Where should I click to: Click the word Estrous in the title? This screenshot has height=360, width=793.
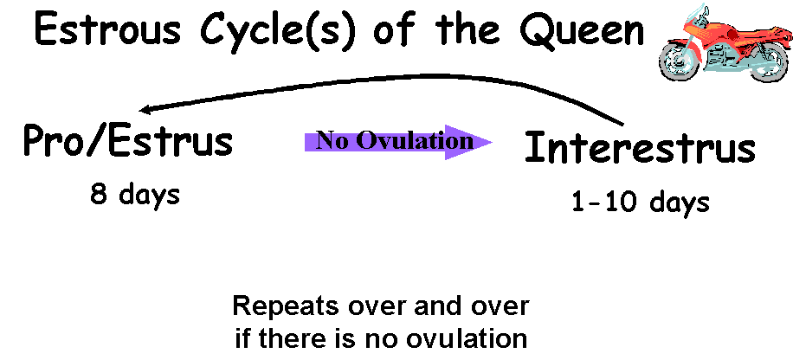[107, 29]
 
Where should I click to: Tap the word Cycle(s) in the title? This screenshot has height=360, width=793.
[279, 31]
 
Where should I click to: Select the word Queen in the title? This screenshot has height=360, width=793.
[582, 29]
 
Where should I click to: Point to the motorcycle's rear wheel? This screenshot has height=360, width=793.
[768, 61]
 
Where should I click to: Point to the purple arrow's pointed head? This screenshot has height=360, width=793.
[492, 142]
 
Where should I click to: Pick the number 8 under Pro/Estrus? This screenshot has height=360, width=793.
[99, 194]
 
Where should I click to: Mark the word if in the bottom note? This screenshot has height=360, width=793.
[243, 339]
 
